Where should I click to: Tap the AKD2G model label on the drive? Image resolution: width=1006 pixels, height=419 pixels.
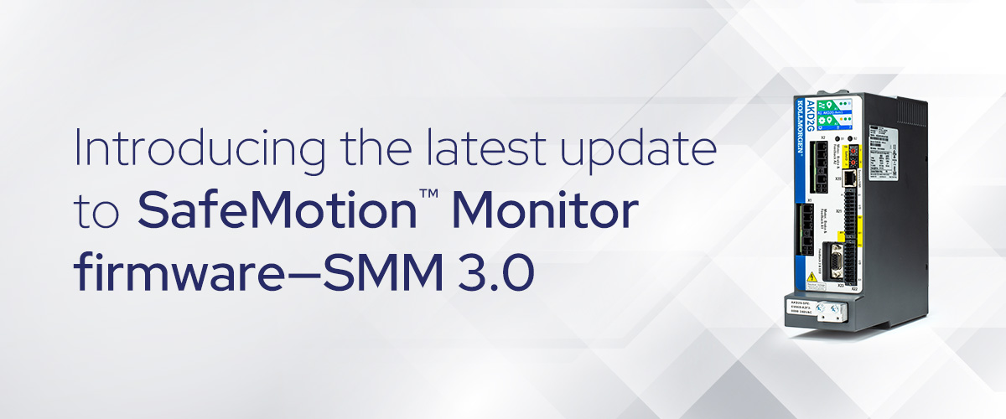(x=798, y=102)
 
